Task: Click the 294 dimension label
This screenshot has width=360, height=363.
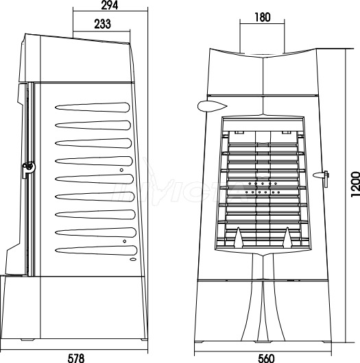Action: click(110, 5)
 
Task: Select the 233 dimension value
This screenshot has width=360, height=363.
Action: click(102, 24)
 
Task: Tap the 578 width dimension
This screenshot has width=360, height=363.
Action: click(76, 358)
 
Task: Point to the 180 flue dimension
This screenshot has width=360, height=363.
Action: click(263, 17)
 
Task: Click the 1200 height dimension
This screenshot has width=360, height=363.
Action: click(355, 184)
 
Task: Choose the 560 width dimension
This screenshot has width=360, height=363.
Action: click(266, 359)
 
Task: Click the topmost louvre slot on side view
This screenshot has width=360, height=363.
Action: click(93, 108)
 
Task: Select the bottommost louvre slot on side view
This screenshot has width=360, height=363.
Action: click(96, 251)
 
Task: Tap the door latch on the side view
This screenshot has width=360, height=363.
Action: click(29, 168)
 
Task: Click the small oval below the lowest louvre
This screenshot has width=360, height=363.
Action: click(133, 260)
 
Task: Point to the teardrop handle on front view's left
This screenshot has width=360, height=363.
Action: click(212, 106)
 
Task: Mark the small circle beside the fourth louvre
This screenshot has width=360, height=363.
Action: click(121, 170)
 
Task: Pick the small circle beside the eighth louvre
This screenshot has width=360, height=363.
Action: click(125, 241)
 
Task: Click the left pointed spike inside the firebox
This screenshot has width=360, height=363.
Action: click(239, 237)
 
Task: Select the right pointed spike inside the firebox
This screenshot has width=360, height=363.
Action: click(288, 237)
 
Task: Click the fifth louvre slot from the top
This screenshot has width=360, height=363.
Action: click(94, 179)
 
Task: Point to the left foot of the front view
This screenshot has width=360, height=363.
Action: click(200, 342)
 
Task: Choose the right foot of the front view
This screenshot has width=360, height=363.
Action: click(327, 342)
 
